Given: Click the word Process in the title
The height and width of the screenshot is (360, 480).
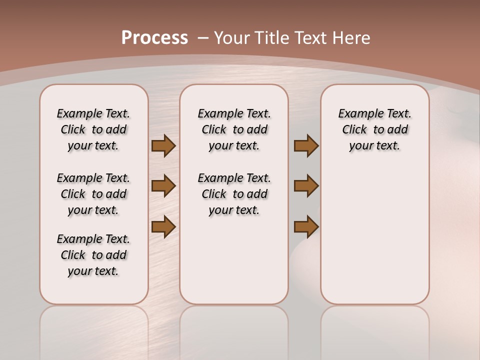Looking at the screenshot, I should (x=154, y=38).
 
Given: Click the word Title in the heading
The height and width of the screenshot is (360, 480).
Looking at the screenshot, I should (x=272, y=38).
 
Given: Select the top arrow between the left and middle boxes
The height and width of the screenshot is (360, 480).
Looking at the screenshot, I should (x=163, y=146).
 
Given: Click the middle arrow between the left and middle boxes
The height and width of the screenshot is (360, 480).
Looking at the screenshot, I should (x=163, y=186).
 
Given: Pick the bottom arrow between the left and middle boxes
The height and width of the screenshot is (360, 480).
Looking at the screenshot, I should (x=163, y=226).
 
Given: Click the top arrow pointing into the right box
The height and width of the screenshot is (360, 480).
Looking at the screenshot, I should (x=306, y=146).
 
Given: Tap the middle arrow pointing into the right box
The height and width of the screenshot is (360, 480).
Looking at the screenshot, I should (x=306, y=186).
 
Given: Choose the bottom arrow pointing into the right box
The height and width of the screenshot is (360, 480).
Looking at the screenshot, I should (x=306, y=226).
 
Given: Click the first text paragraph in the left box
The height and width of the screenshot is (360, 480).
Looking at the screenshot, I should (x=93, y=129).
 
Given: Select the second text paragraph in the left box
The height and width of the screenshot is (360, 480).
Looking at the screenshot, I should (x=93, y=194).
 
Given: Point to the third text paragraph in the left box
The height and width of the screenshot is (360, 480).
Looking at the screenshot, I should (x=93, y=255).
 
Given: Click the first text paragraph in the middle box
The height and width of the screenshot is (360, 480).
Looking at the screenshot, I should (x=234, y=129).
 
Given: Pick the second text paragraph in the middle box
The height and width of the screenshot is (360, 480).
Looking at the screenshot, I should (x=234, y=194).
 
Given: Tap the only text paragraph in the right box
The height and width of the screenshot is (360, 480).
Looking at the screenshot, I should (x=374, y=129).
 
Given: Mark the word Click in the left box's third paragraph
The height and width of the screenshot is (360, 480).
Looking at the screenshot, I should (x=73, y=255).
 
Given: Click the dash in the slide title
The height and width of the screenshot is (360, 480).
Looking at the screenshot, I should (x=203, y=38).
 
